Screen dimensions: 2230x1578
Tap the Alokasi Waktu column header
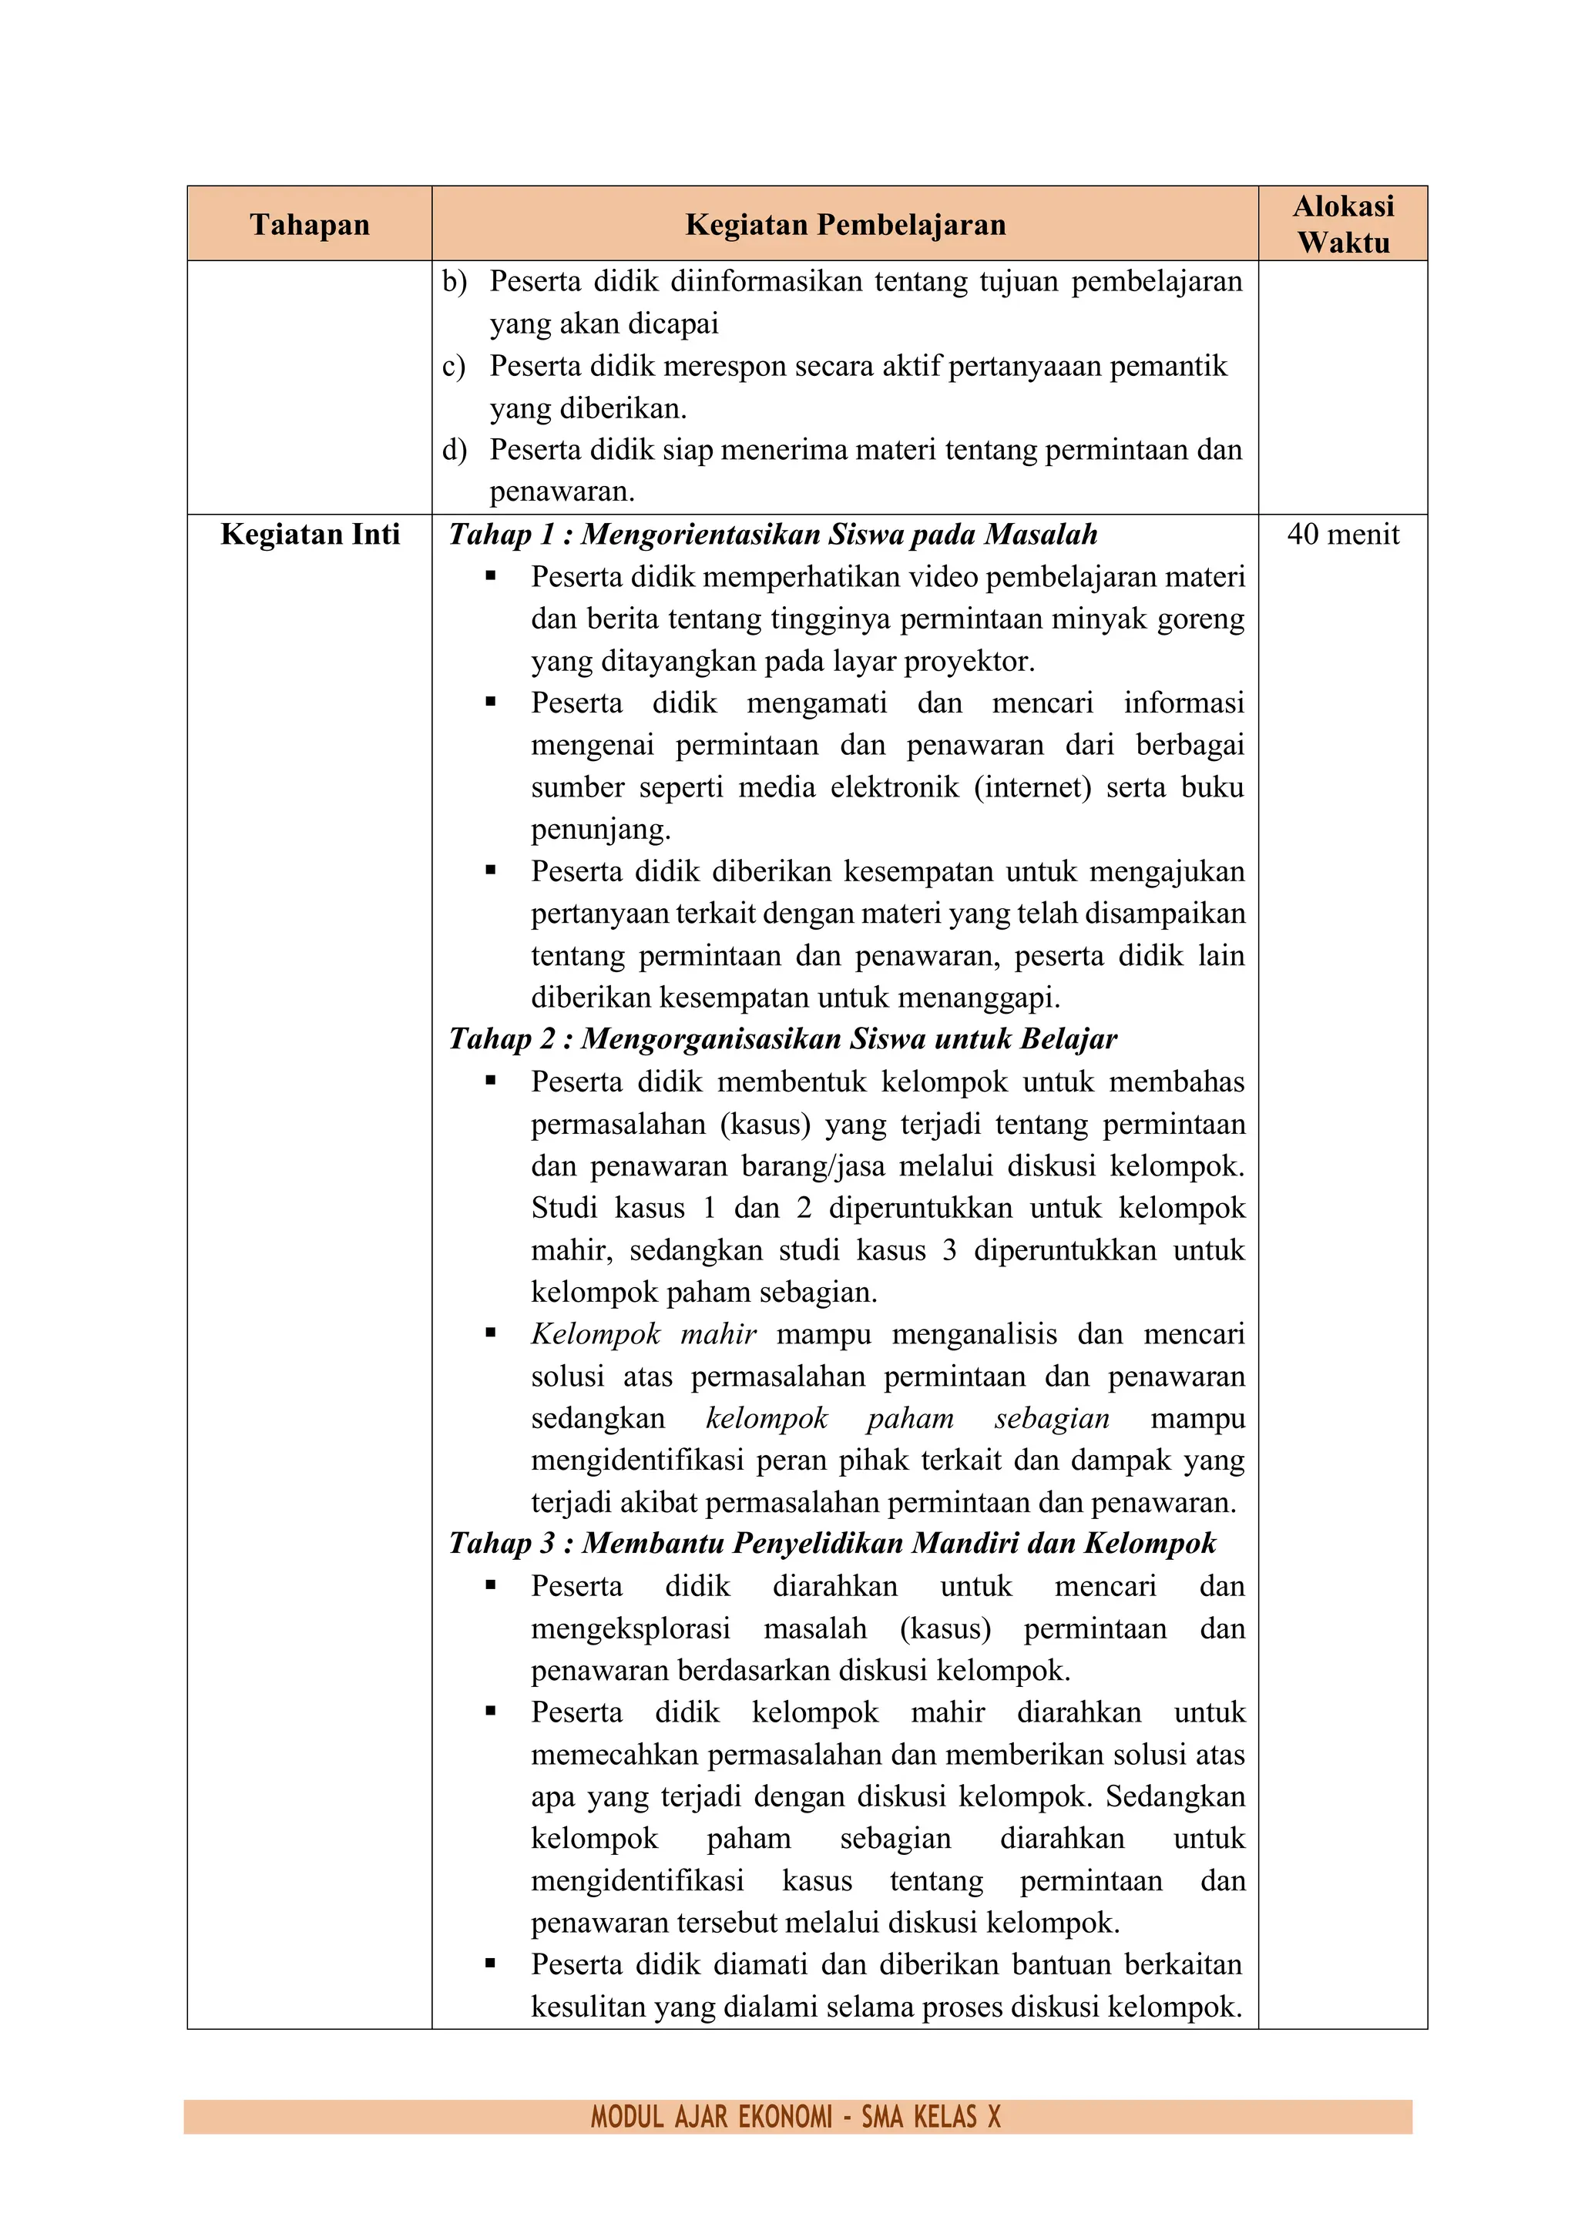(1343, 224)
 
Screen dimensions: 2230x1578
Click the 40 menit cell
(1343, 534)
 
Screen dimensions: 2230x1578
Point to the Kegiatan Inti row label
(309, 534)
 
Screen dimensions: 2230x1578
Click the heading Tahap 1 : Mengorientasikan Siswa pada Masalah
(773, 534)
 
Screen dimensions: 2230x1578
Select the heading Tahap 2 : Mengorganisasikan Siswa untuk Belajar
(782, 1038)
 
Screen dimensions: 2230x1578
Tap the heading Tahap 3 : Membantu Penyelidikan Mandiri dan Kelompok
(831, 1544)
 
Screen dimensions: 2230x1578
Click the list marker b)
(454, 282)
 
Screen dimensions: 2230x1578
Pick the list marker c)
(454, 366)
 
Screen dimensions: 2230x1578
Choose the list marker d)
(454, 450)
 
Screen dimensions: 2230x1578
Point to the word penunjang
(599, 830)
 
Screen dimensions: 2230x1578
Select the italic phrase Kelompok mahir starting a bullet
(643, 1333)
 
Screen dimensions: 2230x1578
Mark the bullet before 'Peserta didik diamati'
(491, 1964)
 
